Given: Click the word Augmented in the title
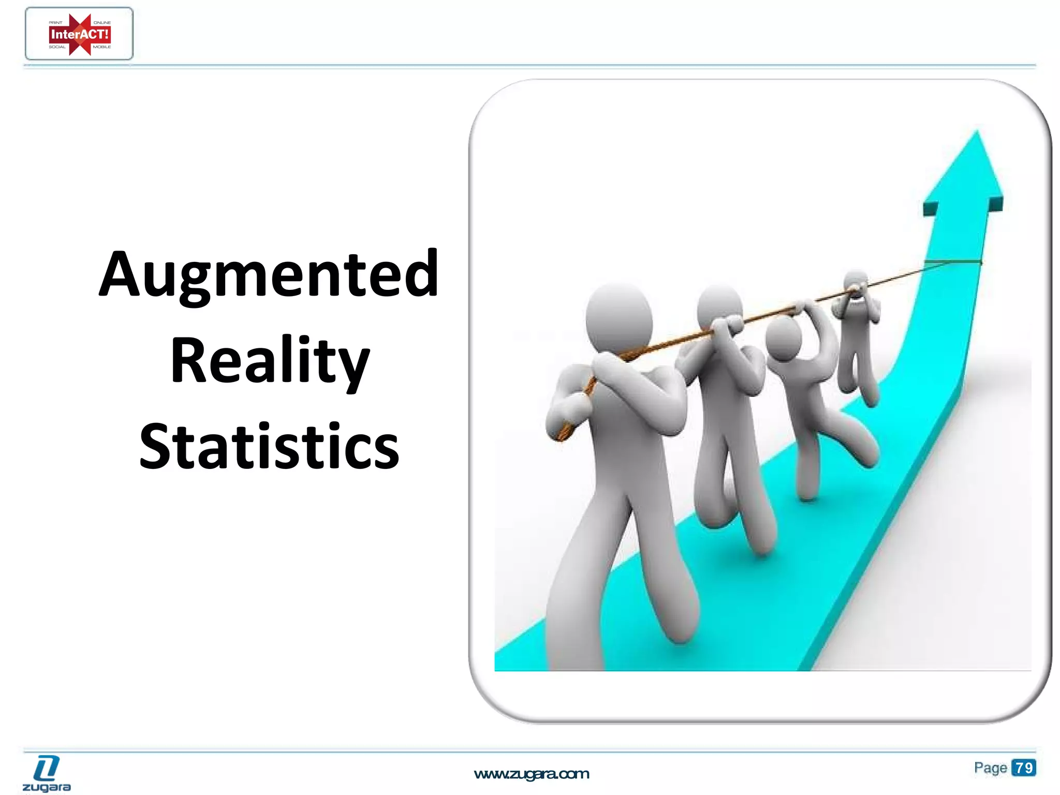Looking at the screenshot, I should click(269, 274).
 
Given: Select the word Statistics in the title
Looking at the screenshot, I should click(269, 446).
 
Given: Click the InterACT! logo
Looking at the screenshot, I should click(79, 34).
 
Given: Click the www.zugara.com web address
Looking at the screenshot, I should click(532, 774).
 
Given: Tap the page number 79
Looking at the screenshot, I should click(1024, 768).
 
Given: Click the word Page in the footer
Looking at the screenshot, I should click(990, 768).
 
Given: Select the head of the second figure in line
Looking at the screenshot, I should click(719, 308).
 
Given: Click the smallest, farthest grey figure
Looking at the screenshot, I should click(857, 331).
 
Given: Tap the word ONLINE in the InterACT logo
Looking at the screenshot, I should click(102, 23).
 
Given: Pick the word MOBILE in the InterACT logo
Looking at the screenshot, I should click(102, 47).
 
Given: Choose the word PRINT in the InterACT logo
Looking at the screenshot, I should click(55, 23).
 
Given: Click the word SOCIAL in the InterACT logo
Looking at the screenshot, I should click(57, 47).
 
